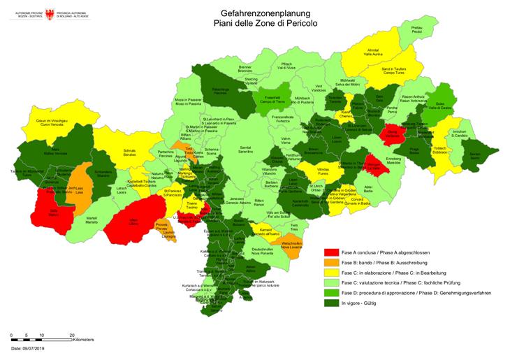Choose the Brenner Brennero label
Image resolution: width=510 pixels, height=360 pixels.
click(245, 69)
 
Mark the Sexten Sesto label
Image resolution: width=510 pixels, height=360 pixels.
click(475, 157)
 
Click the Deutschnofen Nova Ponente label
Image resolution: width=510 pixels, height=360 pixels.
click(261, 251)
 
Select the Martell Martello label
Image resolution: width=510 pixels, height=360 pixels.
click(92, 219)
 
